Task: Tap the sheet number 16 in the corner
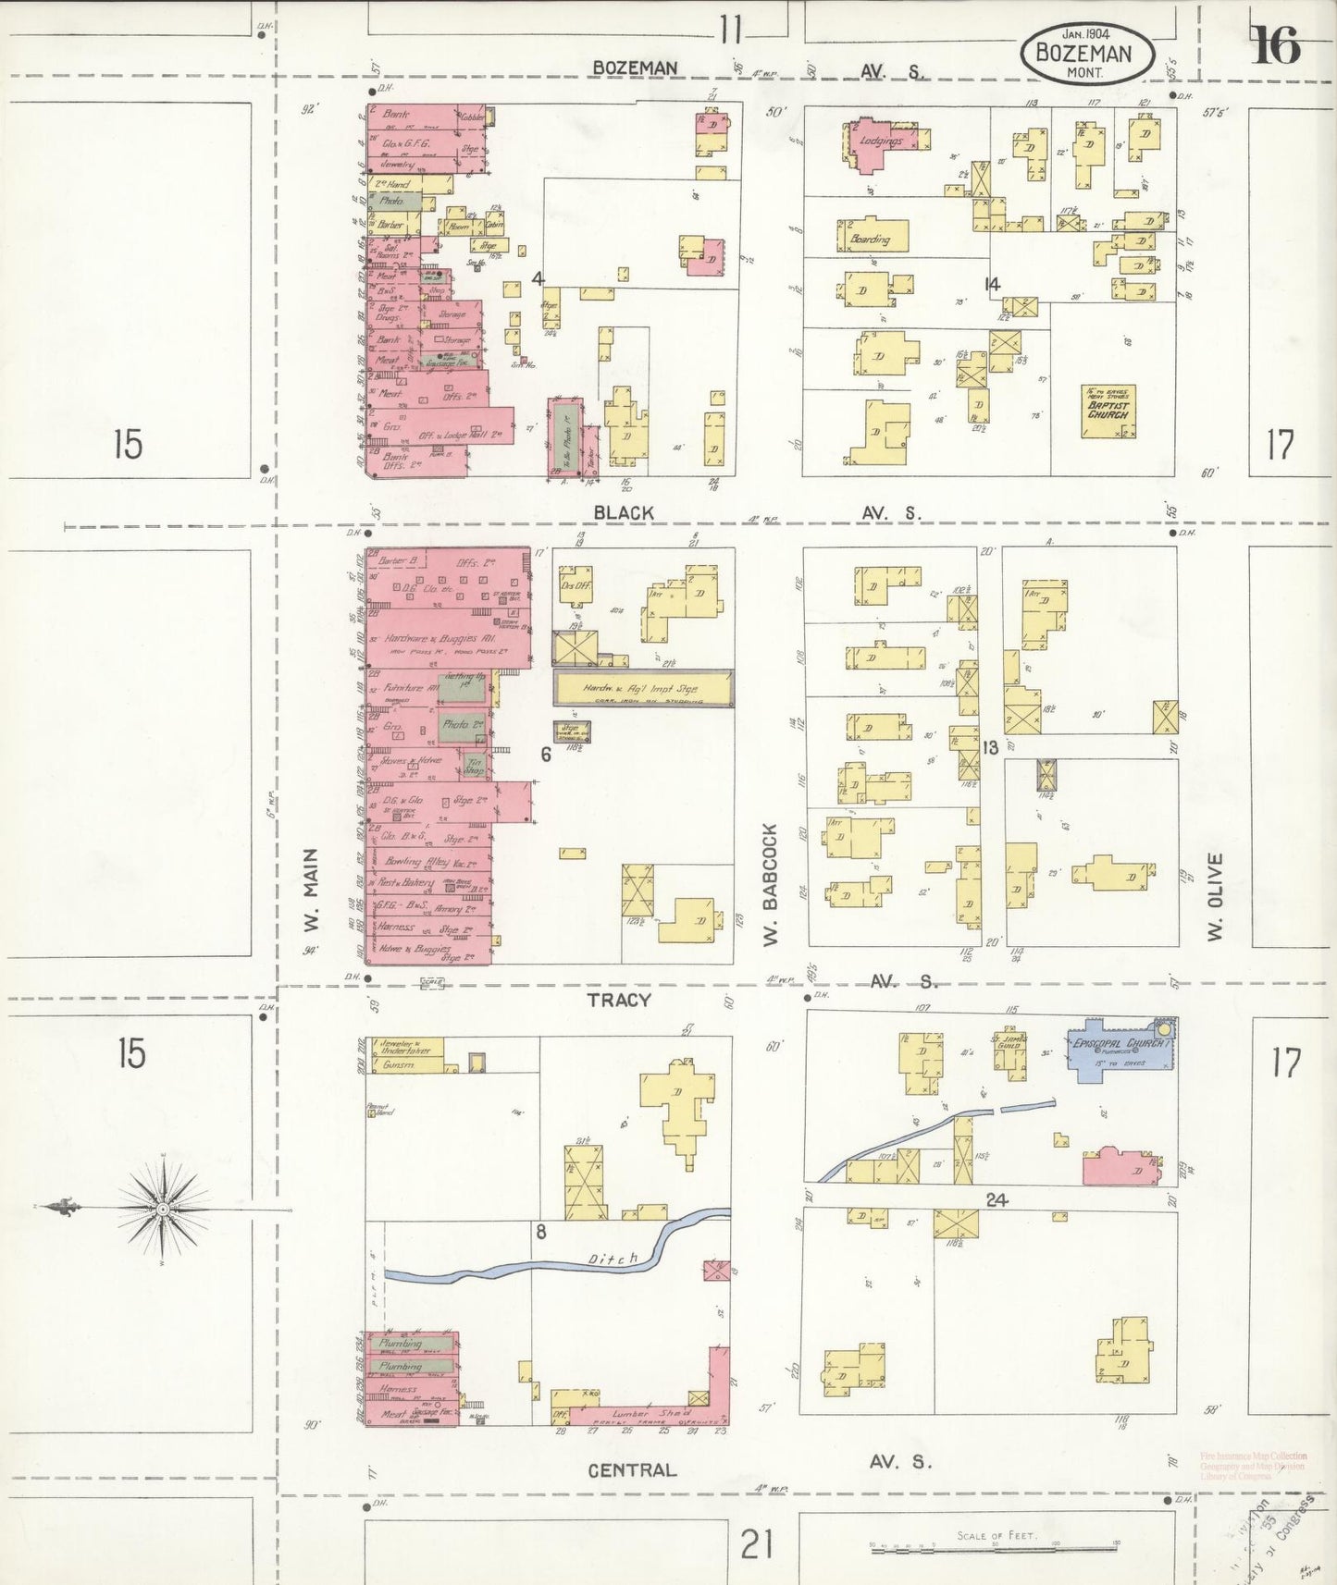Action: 1276,45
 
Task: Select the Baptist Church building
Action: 1108,411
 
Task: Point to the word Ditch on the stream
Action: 613,1259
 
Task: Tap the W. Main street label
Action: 311,890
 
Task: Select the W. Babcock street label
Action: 770,884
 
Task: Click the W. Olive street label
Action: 1215,896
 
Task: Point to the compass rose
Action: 163,1208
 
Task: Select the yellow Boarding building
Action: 873,237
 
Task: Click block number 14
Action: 992,284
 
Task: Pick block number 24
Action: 996,1199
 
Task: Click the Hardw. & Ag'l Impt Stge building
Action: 643,688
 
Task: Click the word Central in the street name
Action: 633,1469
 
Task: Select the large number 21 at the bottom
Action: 756,1542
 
